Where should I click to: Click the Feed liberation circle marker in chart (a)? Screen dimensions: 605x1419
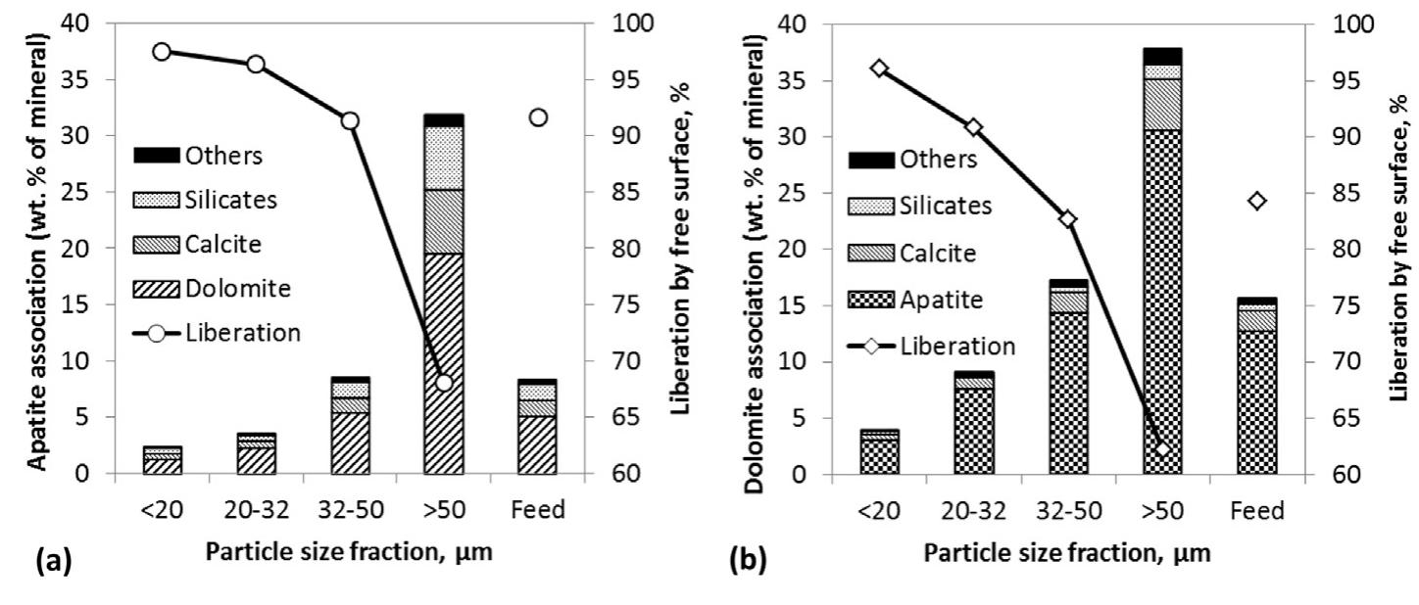click(538, 117)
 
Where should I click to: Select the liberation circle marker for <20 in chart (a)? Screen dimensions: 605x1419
click(163, 52)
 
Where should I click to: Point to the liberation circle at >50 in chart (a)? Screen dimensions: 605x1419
click(444, 382)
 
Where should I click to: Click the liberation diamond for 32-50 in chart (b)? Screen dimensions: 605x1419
click(1069, 219)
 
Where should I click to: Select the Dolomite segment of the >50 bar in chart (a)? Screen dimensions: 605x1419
click(444, 363)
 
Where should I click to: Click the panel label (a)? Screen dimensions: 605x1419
click(51, 564)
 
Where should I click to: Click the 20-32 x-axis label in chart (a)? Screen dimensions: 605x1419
click(256, 510)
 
